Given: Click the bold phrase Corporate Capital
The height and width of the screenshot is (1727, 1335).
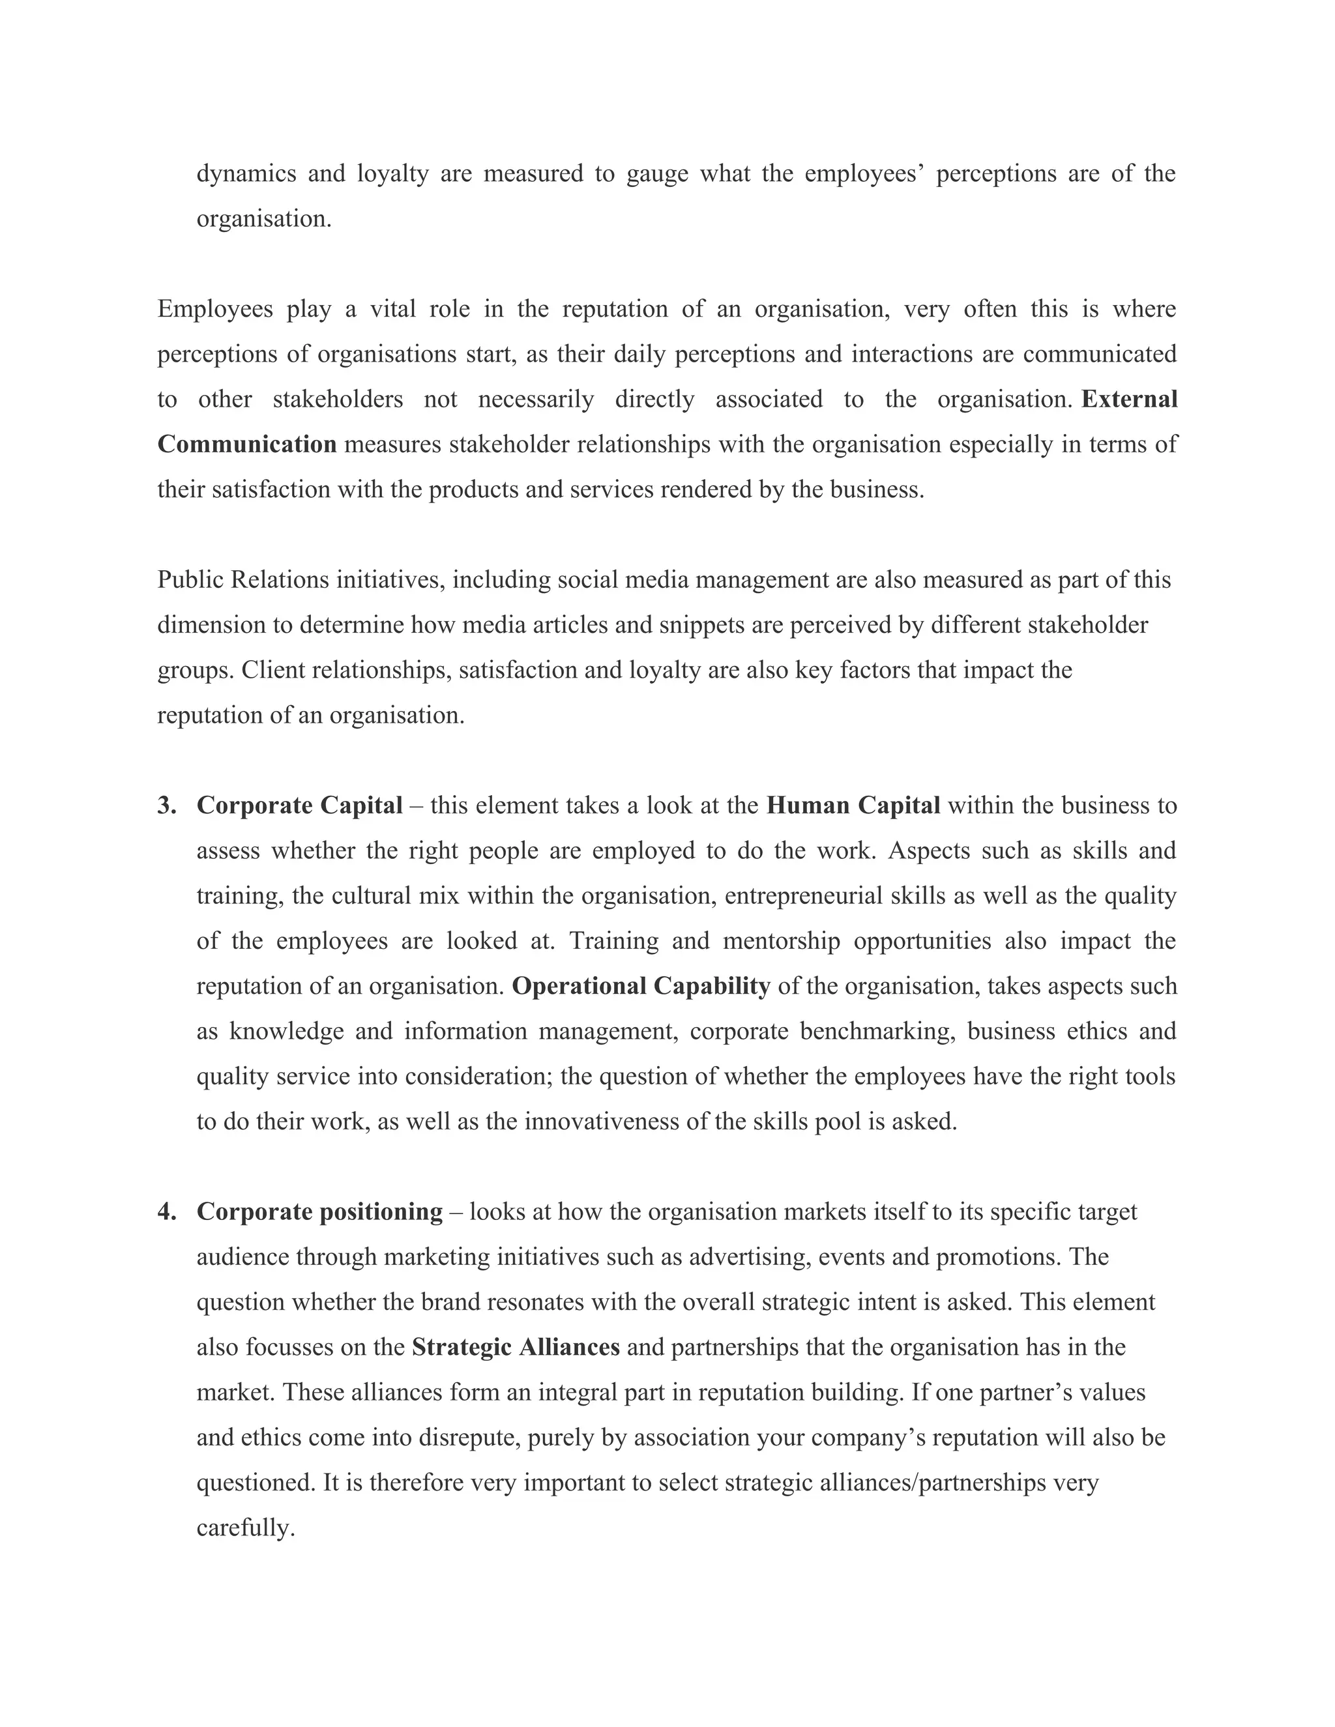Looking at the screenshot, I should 299,805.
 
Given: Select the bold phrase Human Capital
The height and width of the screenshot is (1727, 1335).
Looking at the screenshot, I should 853,805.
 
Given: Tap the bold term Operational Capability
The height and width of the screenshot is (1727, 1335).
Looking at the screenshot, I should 641,986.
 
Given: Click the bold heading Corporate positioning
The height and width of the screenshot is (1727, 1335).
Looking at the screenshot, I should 319,1212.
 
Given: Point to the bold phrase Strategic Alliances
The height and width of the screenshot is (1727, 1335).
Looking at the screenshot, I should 516,1348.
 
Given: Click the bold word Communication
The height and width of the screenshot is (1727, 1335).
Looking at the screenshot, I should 247,444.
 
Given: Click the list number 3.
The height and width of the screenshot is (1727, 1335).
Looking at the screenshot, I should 166,805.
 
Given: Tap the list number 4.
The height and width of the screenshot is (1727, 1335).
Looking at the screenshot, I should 166,1212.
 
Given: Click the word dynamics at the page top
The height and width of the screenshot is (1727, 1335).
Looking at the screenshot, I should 246,173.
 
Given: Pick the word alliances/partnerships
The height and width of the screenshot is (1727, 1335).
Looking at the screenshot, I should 933,1483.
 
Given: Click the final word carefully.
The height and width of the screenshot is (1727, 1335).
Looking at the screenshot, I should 245,1528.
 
